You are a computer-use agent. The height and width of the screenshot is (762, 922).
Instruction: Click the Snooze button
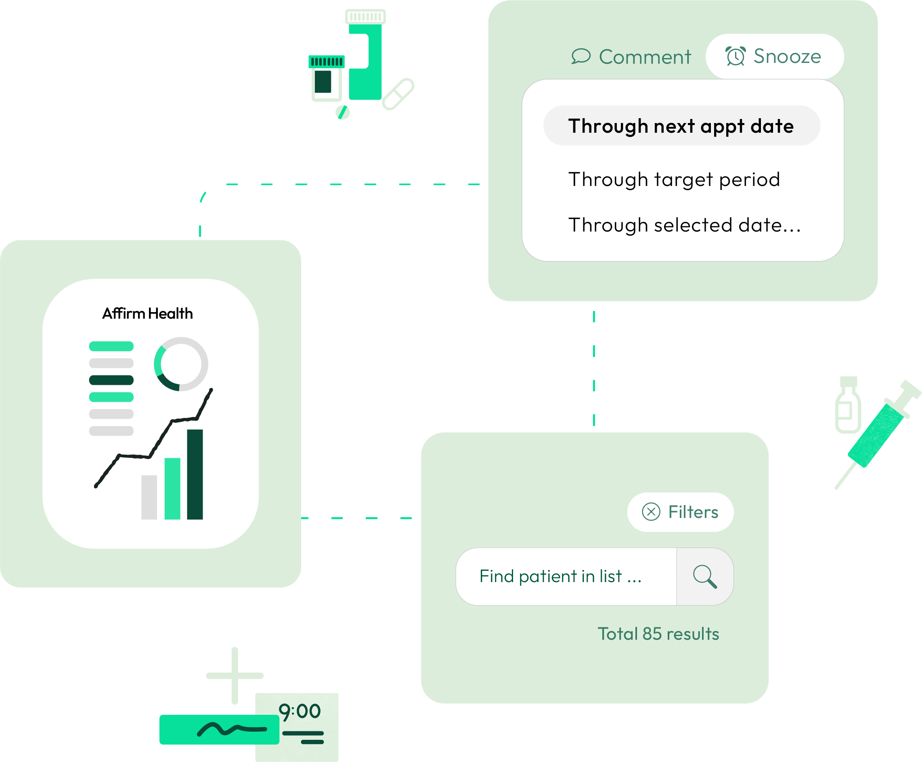[774, 56]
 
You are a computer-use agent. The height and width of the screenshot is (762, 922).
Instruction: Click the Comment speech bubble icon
[580, 56]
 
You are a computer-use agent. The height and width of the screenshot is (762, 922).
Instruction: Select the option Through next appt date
[681, 126]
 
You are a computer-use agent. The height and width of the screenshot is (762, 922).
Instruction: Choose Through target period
[674, 180]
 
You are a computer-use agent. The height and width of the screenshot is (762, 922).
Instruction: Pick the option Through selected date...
[684, 225]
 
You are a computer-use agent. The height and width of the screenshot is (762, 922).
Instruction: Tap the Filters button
[680, 512]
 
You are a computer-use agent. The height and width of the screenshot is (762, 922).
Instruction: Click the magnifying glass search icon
[705, 576]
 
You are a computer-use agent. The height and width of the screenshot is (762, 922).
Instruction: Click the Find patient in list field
[566, 576]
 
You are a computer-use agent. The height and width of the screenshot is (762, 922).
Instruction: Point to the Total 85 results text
[658, 634]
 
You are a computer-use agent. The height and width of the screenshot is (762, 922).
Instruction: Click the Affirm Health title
[147, 314]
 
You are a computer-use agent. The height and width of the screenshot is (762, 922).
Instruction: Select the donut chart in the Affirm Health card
[181, 364]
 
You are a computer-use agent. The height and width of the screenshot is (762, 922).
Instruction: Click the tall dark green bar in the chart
[195, 475]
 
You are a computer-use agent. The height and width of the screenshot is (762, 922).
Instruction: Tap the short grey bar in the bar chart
[149, 497]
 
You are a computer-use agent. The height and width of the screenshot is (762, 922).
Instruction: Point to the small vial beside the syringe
[848, 406]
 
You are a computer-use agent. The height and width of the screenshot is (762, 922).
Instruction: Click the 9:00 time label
[300, 711]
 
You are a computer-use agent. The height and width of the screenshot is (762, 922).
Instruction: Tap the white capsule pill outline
[398, 94]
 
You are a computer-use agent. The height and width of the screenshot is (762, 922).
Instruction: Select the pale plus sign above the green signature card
[235, 676]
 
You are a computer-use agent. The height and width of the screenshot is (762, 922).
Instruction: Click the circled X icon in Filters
[651, 512]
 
